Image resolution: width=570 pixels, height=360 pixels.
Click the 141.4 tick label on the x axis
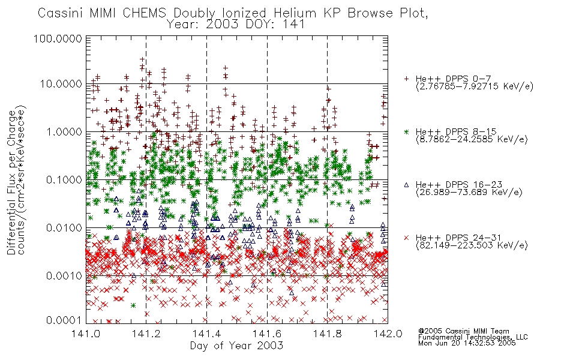tap(206, 334)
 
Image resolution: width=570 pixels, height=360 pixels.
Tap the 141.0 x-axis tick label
tap(86, 334)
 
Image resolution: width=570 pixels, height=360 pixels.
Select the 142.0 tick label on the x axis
tap(388, 334)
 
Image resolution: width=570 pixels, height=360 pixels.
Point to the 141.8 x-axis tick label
tap(327, 334)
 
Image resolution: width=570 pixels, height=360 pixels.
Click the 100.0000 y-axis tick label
tap(58, 38)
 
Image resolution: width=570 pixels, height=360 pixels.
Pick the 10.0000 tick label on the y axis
tap(61, 84)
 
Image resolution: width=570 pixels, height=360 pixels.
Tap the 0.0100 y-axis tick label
tap(64, 228)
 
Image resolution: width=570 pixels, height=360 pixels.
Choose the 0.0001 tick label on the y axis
tap(64, 320)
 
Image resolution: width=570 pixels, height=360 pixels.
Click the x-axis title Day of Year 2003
tap(236, 346)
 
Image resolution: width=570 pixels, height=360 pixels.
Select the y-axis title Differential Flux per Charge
tap(11, 182)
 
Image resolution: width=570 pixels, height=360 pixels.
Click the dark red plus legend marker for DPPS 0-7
tap(406, 79)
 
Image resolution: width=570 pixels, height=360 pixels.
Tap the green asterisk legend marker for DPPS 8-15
tap(406, 131)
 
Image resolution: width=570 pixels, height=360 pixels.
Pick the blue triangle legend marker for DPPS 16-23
tap(406, 185)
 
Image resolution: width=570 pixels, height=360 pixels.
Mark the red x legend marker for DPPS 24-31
tap(406, 238)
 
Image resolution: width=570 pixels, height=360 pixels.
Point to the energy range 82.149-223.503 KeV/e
tap(472, 245)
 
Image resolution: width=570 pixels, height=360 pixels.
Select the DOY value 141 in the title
tap(293, 25)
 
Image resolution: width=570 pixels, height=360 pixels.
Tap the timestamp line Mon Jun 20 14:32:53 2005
tap(467, 343)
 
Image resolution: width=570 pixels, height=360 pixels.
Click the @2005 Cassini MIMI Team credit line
tap(463, 331)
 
